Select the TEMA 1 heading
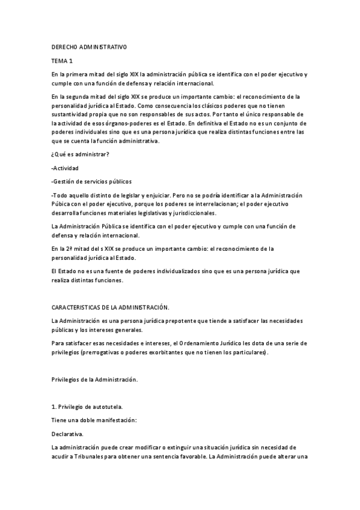click(62, 61)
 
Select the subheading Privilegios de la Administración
click(95, 380)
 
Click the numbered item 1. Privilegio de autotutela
click(88, 407)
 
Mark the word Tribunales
click(89, 458)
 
